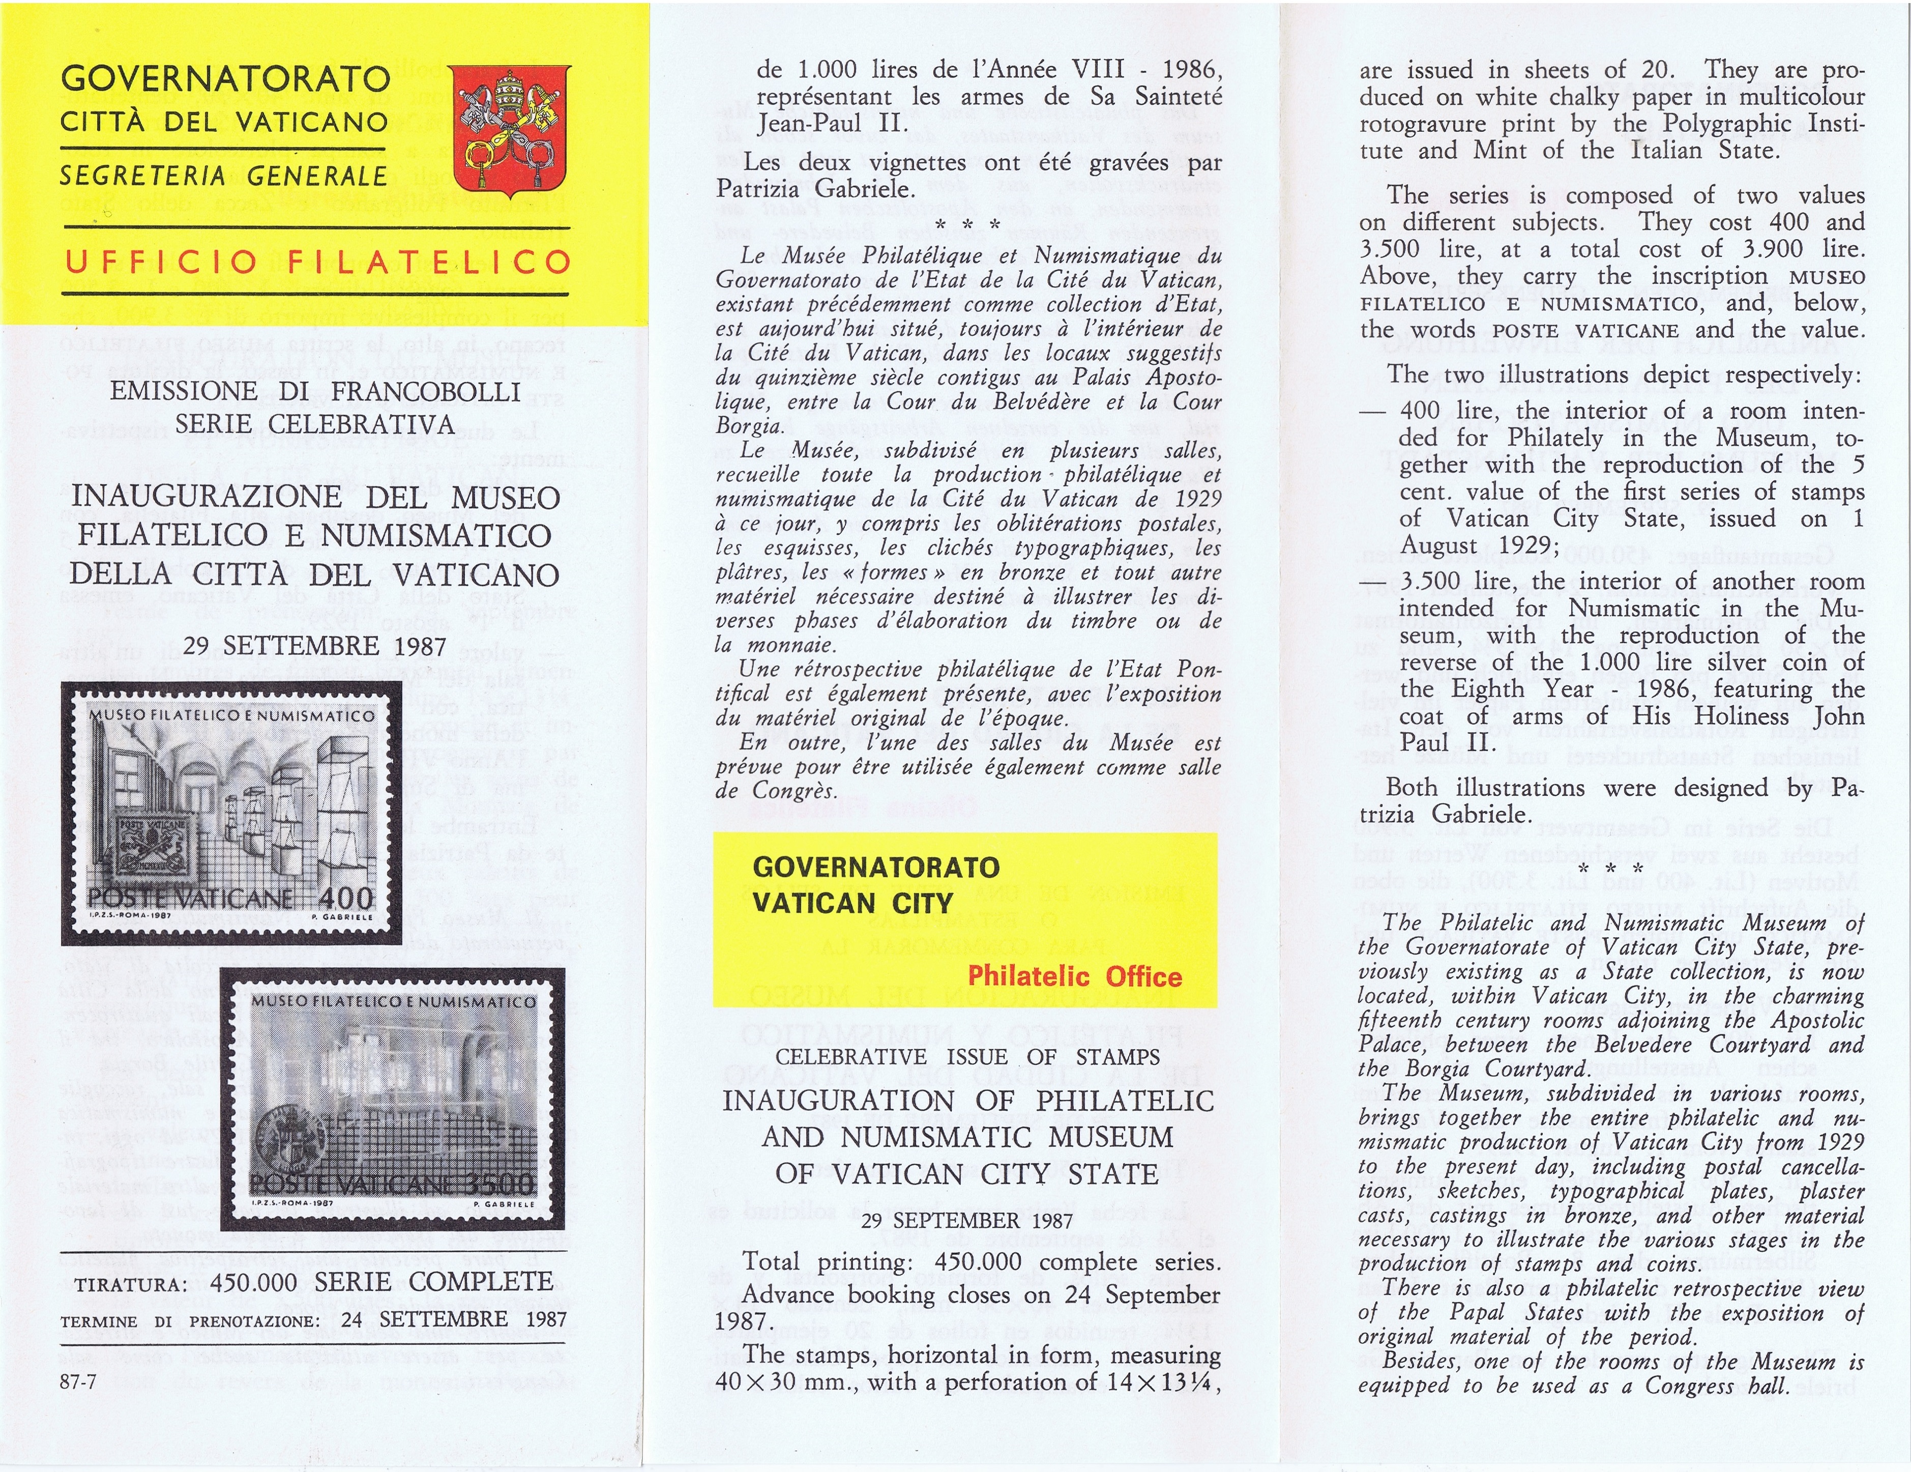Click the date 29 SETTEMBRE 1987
[x=315, y=645]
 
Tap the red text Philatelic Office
[x=1074, y=976]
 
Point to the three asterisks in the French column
[x=968, y=226]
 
